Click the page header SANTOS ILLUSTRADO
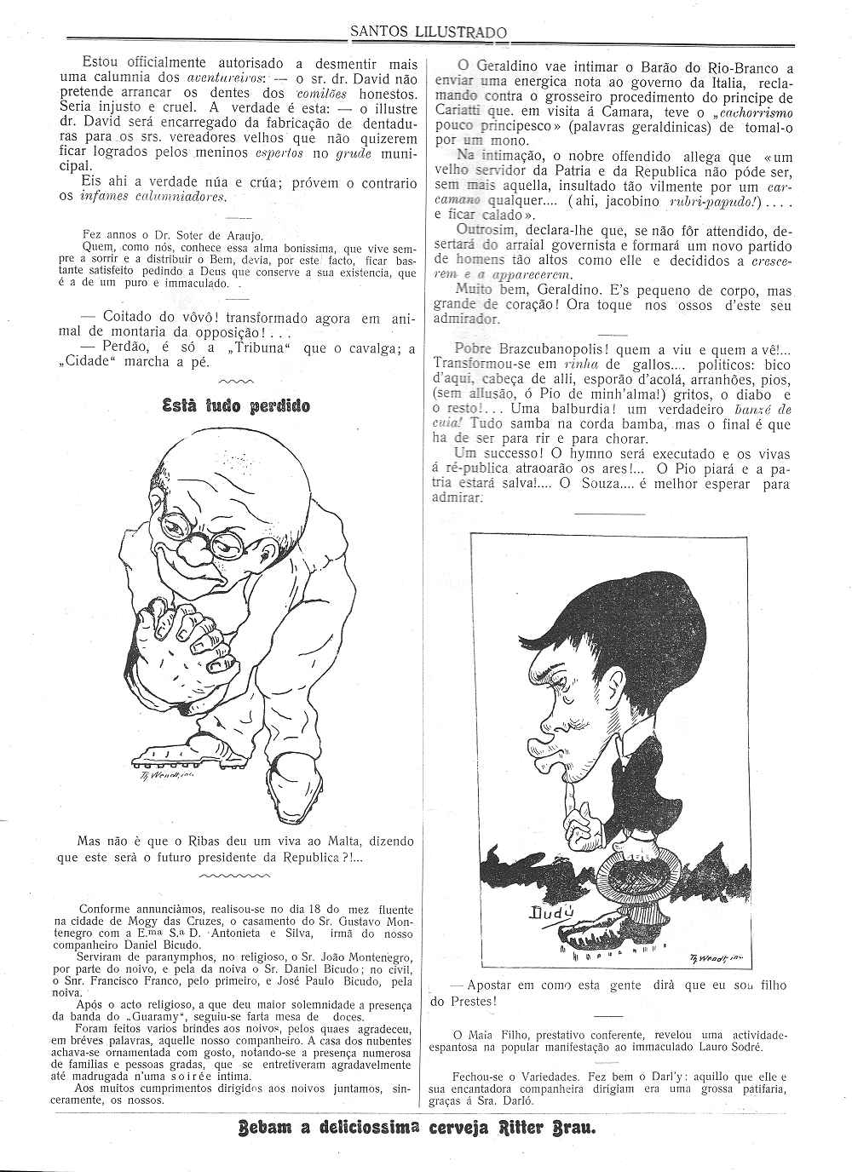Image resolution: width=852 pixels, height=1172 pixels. coord(429,33)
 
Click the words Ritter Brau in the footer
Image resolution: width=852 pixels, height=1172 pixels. coord(544,1129)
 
